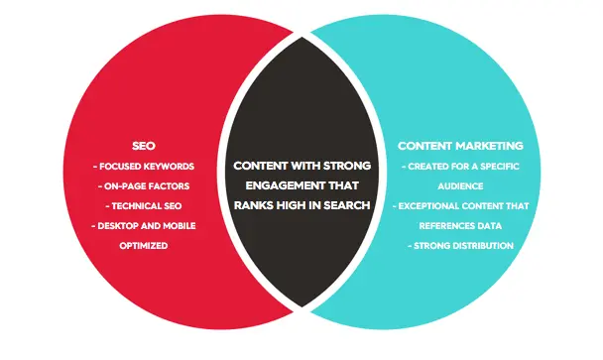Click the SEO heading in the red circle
pos(144,146)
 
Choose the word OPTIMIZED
pos(144,246)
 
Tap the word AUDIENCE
pos(460,186)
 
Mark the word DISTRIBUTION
pos(483,246)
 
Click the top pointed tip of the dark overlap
pos(301,38)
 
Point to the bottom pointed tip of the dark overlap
pos(301,306)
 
